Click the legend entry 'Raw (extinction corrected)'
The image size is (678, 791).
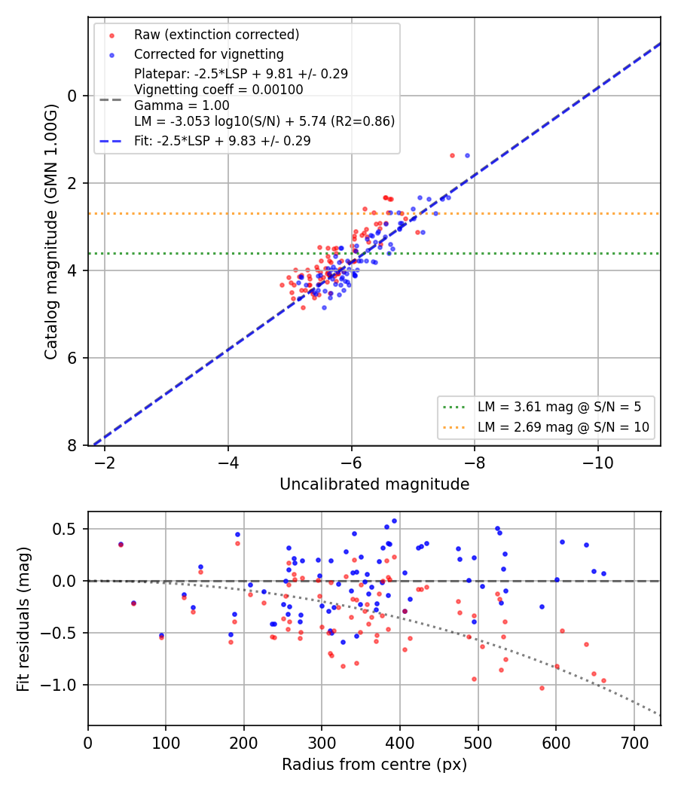point(216,35)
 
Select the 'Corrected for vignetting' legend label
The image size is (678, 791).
point(209,54)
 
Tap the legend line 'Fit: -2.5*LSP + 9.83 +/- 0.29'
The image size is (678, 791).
point(222,141)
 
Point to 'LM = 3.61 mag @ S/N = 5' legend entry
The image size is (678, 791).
point(560,407)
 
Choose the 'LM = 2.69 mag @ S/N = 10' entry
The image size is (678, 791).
point(563,427)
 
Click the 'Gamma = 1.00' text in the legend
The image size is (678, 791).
point(182,105)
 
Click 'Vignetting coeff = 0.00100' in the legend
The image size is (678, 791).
point(218,90)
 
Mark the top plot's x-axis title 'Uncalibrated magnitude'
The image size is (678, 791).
point(374,484)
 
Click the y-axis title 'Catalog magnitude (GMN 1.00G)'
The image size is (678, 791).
point(50,231)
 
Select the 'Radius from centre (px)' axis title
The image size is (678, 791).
point(374,765)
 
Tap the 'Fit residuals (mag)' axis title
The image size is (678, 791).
point(23,619)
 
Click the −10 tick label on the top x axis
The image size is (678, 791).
point(598,463)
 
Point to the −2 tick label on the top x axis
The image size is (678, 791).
point(105,463)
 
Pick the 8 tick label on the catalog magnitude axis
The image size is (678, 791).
point(72,445)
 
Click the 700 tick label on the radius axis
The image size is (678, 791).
point(634,743)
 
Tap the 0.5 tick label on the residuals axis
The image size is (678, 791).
point(65,529)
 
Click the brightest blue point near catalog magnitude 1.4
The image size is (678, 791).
point(467,155)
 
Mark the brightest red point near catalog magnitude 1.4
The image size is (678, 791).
point(452,155)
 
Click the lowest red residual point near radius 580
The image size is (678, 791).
point(542,688)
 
